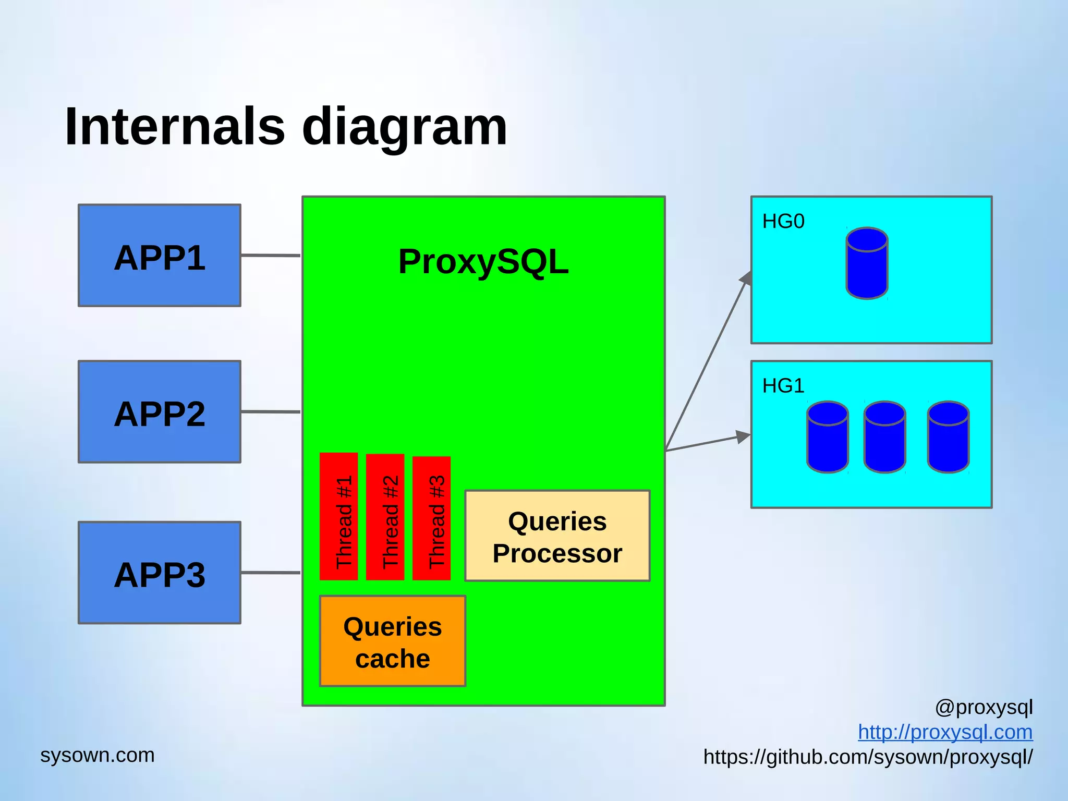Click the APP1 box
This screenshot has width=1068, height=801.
coord(160,256)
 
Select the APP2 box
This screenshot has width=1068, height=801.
coord(160,412)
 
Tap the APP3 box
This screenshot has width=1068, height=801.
coord(160,573)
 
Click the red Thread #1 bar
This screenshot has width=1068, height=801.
coord(339,516)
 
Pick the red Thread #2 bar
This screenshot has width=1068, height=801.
coord(385,517)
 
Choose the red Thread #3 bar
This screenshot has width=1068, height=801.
coord(431,518)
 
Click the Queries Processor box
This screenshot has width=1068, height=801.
coord(557,536)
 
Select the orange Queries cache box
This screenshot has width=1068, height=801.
coord(393,641)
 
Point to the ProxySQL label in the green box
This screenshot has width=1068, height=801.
coord(483,262)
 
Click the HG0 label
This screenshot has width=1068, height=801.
coord(783,222)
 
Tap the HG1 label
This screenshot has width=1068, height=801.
coord(783,386)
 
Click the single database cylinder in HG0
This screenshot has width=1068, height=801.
coord(867,263)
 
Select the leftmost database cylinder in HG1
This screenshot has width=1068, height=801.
coord(828,437)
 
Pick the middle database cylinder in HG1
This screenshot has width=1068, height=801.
coord(885,437)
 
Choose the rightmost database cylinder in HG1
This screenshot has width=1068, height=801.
coord(948,437)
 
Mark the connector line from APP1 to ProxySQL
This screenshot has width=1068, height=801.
coord(271,256)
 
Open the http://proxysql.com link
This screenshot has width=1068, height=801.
coord(945,732)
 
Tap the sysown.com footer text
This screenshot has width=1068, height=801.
coord(98,755)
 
